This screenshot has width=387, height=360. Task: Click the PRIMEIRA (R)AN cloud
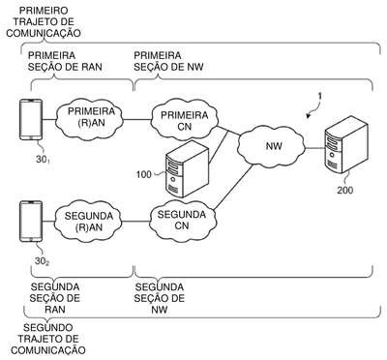(x=90, y=120)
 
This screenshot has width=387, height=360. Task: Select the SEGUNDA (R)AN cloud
(x=88, y=222)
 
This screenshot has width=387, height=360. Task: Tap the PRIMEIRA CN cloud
(x=185, y=120)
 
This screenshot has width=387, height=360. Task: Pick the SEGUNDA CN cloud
(x=182, y=221)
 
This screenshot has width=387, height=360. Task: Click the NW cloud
(x=272, y=147)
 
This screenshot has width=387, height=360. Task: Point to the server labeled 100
(x=187, y=168)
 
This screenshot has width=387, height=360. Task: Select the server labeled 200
(x=345, y=145)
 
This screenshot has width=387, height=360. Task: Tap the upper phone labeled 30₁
(x=31, y=120)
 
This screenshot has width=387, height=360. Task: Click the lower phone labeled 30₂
(x=31, y=222)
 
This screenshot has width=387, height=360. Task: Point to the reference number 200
(x=345, y=190)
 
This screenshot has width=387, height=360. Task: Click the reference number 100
(x=144, y=174)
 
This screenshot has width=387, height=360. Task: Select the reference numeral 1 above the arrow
(x=319, y=96)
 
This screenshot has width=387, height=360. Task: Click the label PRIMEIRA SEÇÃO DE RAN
(x=65, y=61)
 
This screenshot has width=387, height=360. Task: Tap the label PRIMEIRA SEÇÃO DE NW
(x=168, y=61)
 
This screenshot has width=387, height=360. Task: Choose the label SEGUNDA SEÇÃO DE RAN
(x=55, y=298)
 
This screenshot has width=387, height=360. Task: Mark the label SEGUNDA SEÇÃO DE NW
(x=160, y=298)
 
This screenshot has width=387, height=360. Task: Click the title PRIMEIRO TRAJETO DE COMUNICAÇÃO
(x=44, y=22)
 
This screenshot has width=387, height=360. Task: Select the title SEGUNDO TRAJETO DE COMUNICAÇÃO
(x=48, y=339)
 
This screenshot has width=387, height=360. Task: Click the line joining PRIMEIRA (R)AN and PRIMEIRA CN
(x=137, y=120)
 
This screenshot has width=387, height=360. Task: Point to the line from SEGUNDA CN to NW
(x=233, y=188)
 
